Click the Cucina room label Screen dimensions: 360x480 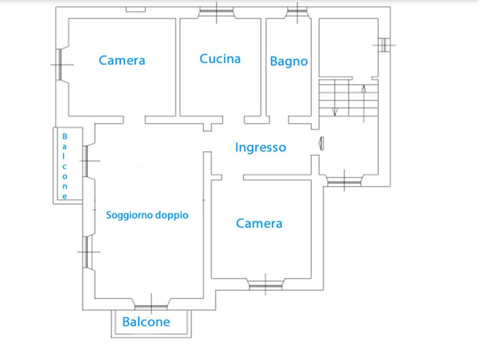coord(220,59)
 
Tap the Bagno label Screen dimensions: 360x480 coord(289,61)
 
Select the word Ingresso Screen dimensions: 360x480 coord(260,147)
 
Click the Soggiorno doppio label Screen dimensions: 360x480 coord(147,215)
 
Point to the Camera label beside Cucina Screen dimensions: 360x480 coord(122,60)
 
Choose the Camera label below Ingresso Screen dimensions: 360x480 coord(259,224)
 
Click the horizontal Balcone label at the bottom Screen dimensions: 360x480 coord(146,322)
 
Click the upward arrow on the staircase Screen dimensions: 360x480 coord(364,99)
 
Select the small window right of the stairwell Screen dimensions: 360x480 coord(383,43)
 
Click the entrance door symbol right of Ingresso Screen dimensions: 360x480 coord(320,143)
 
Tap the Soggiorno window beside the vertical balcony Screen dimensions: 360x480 coord(86,161)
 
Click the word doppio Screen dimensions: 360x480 coord(172,215)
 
